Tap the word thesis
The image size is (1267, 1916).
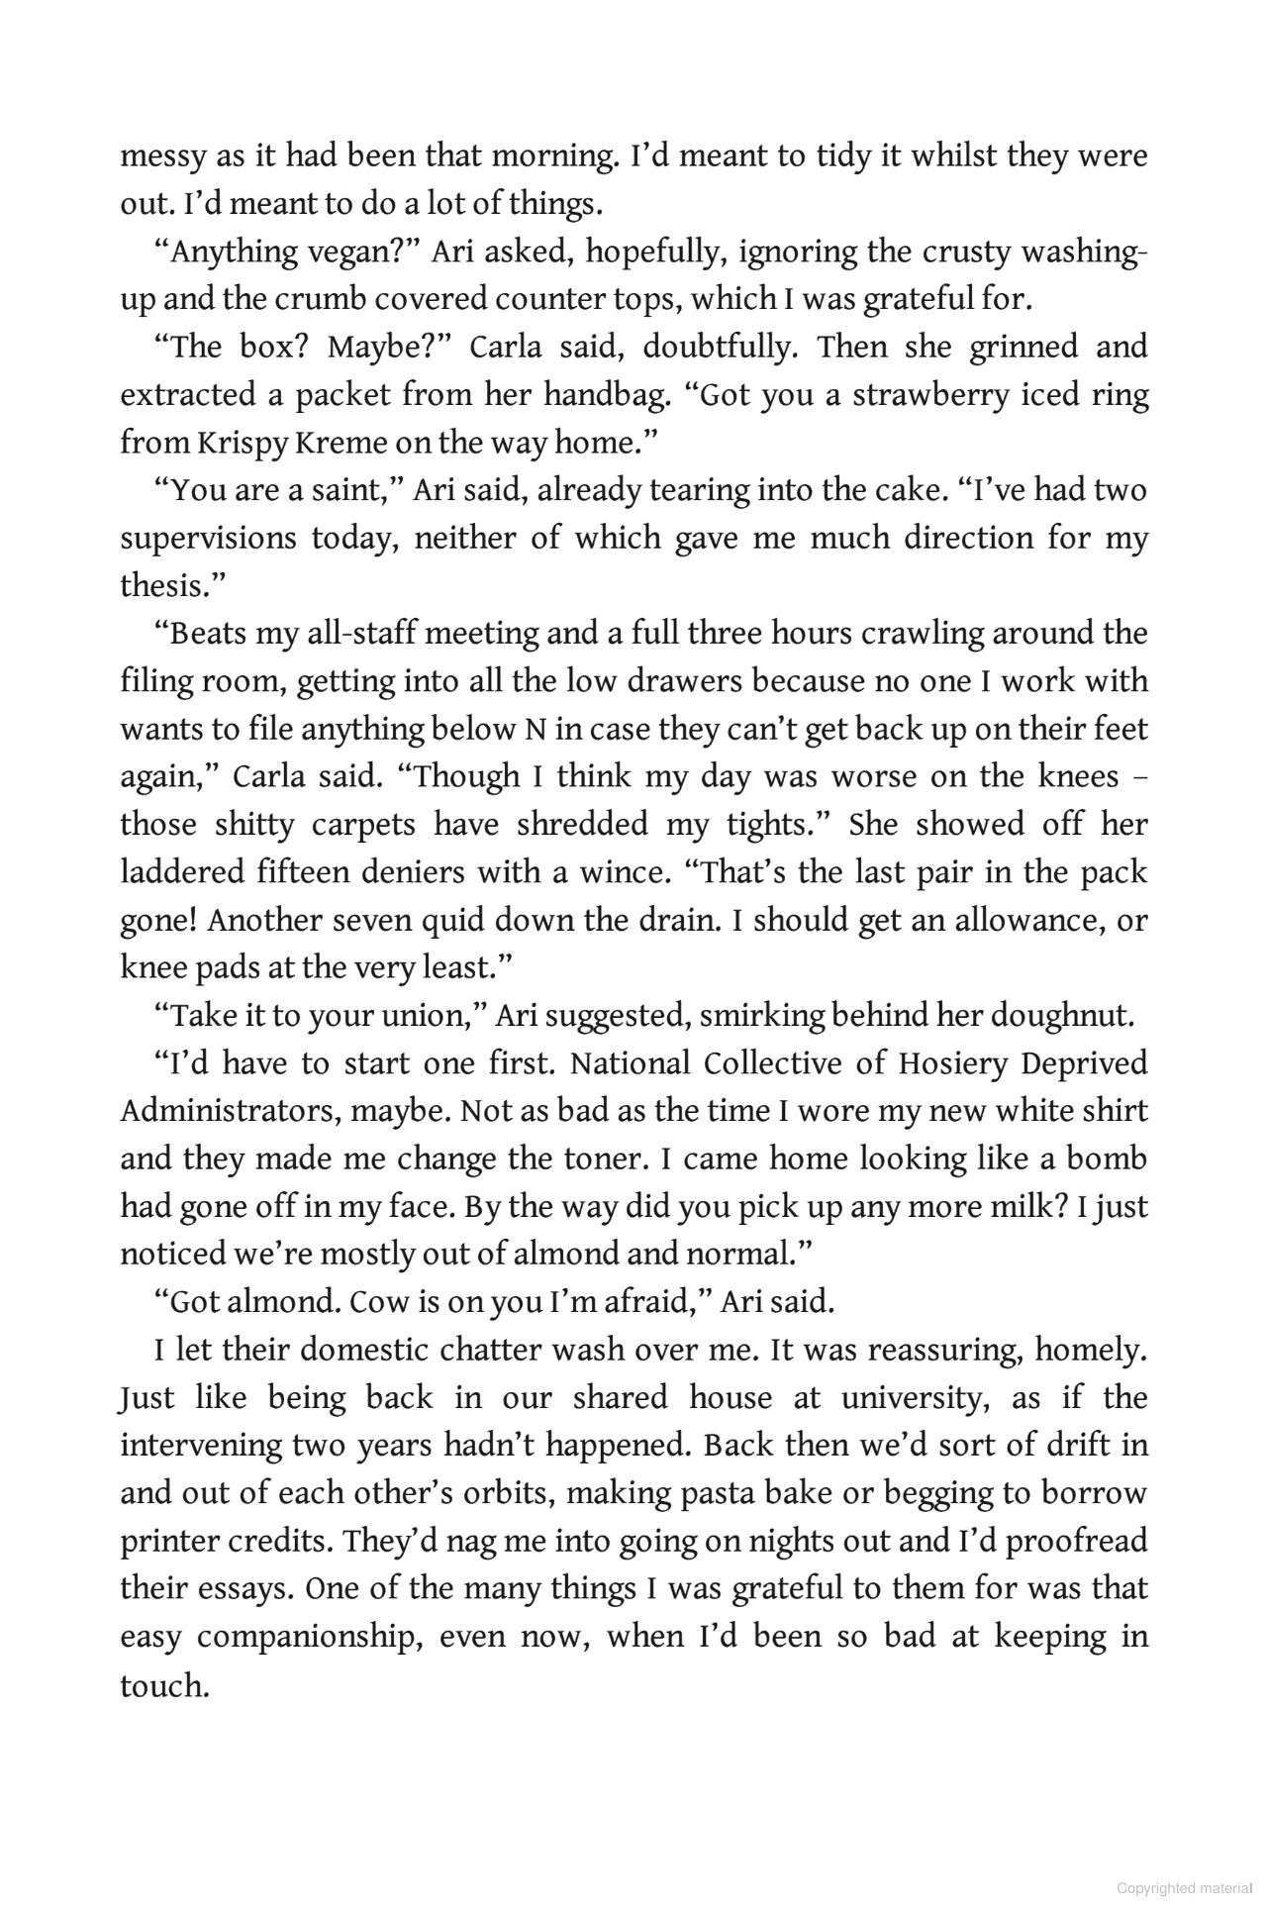point(165,586)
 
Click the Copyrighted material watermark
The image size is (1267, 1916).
point(1184,1888)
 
